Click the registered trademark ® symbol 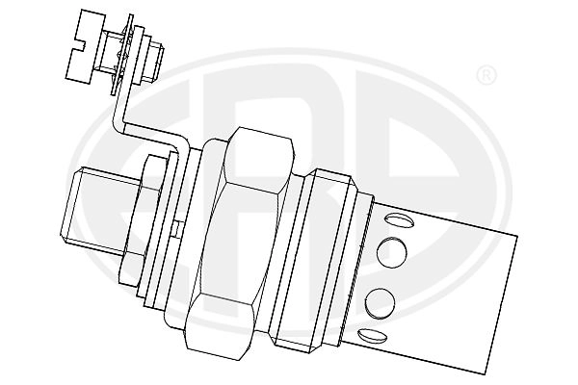486,76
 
